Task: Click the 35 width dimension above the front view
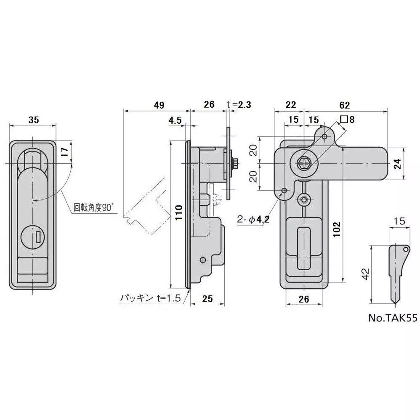33,120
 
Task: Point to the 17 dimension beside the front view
64,152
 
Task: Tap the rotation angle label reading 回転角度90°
94,207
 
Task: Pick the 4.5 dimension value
175,120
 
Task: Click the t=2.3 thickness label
239,105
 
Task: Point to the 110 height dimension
178,214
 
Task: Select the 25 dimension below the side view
207,298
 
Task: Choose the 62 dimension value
344,105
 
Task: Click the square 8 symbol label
347,120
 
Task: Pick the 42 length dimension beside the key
366,274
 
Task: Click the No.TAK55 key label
392,319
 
